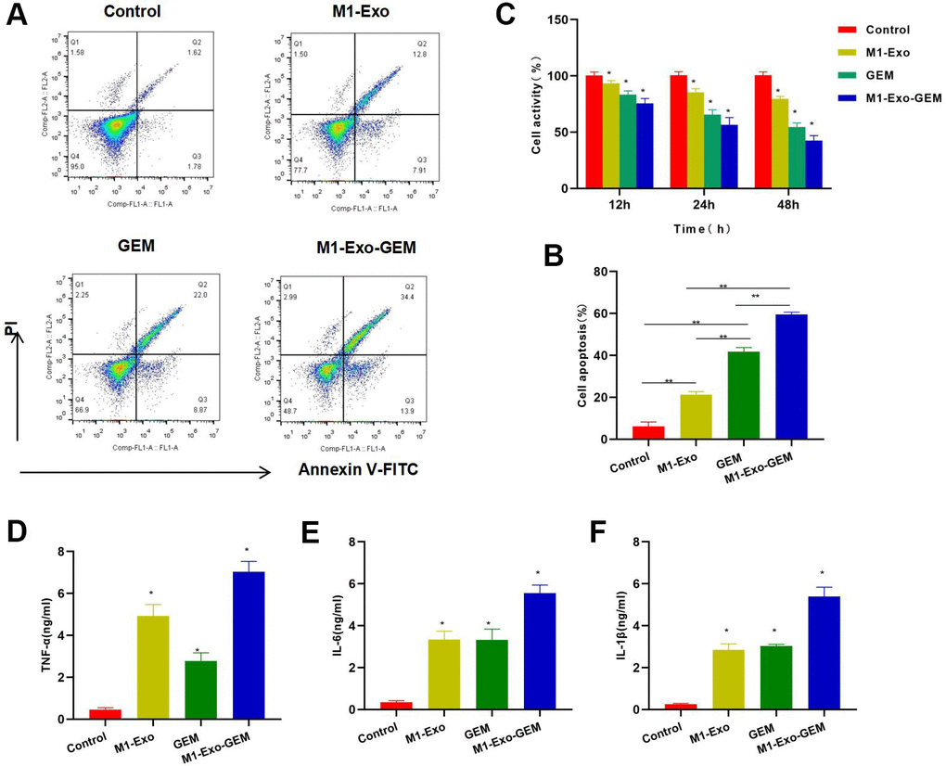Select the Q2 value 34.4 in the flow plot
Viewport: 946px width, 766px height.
(x=424, y=296)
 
